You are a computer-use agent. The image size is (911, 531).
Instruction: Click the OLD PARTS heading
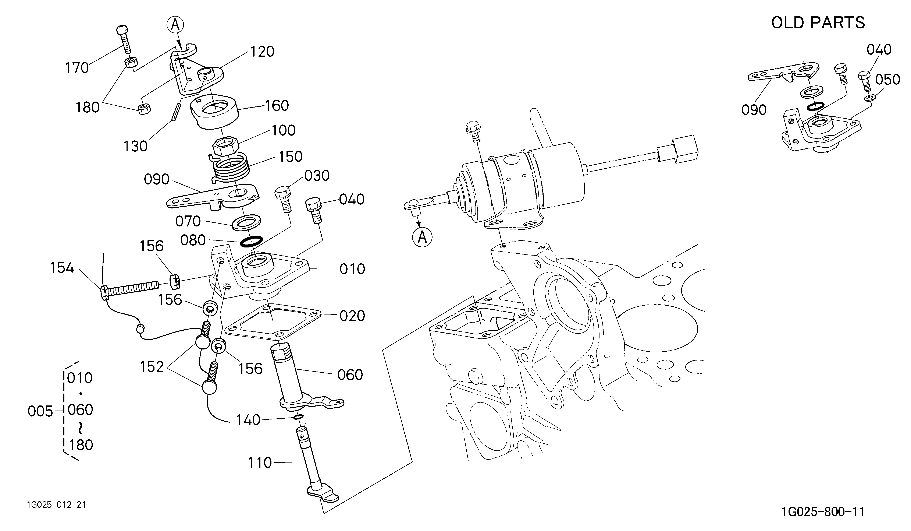pos(818,22)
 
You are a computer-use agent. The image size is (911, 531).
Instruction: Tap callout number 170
pos(77,68)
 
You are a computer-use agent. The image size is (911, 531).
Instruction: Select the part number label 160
pos(277,106)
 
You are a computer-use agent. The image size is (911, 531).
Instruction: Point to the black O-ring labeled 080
pos(251,241)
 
